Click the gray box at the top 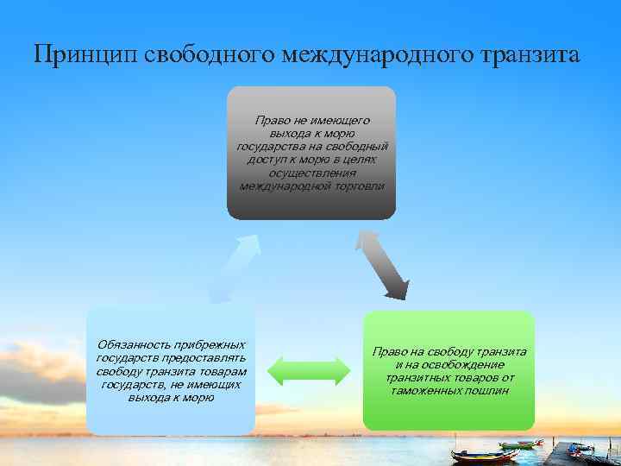coord(310,151)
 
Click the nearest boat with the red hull coord(483,454)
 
